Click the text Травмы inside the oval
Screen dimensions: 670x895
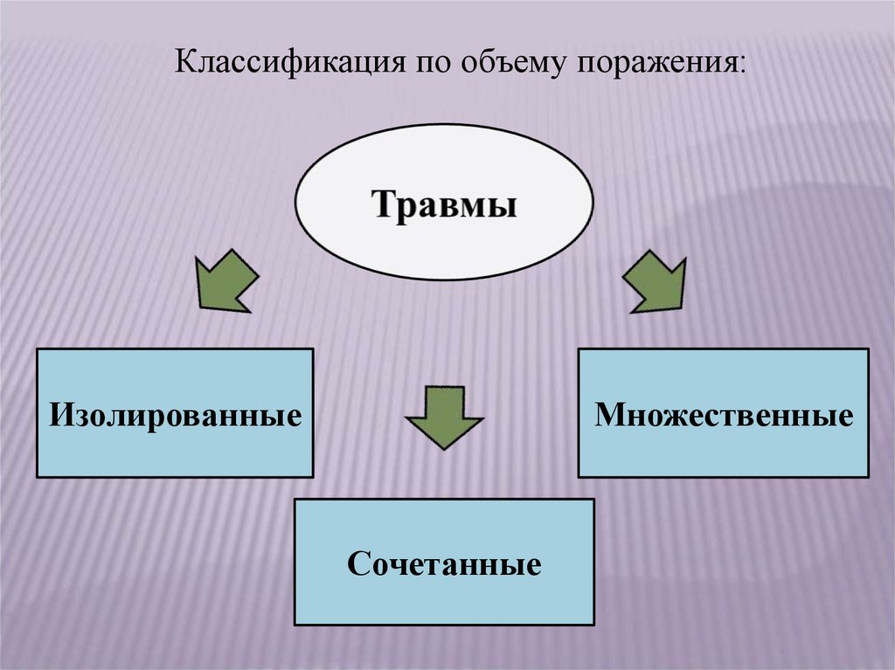[444, 207]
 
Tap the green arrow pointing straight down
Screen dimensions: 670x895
[443, 416]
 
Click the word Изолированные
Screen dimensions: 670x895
[174, 414]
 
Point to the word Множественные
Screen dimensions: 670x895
[723, 414]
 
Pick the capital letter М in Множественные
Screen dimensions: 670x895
[607, 414]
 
